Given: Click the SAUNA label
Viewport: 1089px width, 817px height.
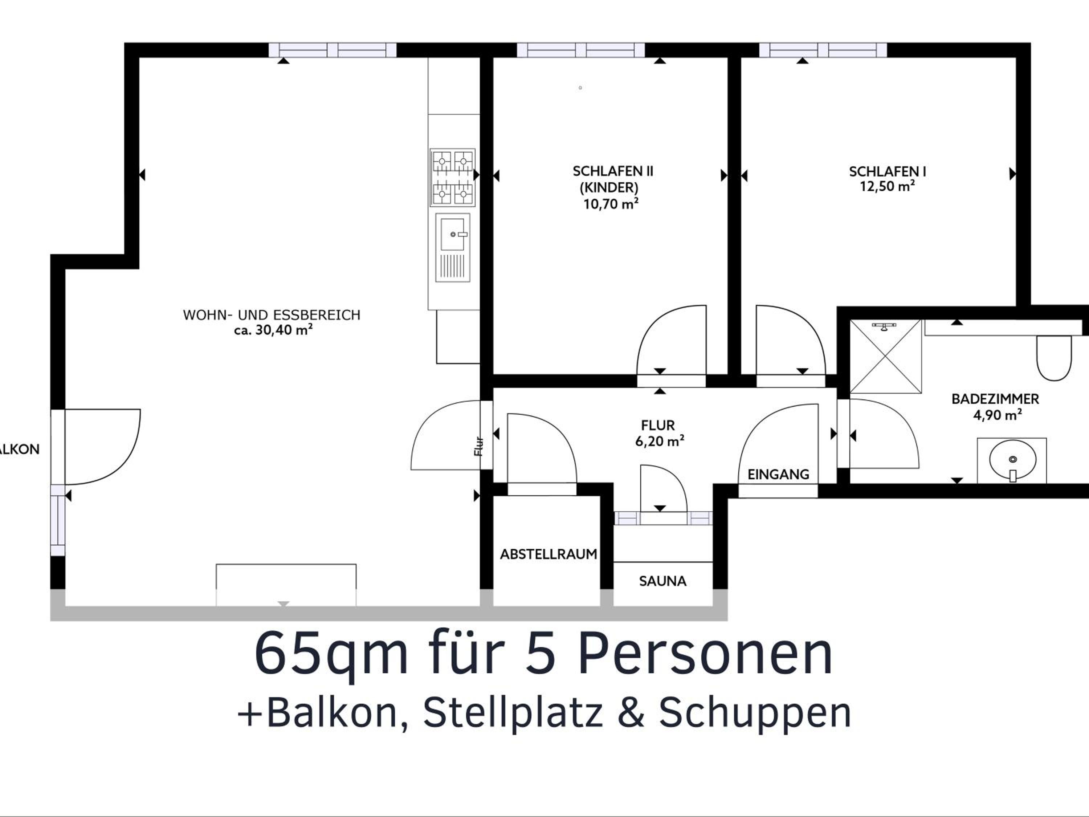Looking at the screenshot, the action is click(662, 581).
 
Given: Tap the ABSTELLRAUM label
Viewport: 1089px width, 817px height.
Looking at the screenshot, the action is click(548, 554).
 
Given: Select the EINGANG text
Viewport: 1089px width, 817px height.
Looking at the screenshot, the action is click(778, 474).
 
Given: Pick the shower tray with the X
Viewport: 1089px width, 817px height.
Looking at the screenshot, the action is click(886, 356).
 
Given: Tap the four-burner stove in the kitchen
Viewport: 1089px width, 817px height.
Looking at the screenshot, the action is click(452, 177).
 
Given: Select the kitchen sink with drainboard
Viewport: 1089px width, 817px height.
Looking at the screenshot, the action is click(452, 248).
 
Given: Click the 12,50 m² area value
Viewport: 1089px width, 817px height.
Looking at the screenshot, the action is click(888, 186).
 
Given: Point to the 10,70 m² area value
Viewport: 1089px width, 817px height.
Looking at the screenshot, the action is click(611, 203).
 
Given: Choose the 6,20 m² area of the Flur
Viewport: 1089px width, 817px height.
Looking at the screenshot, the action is click(660, 441).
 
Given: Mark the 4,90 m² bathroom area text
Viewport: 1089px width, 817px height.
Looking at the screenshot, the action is click(998, 415).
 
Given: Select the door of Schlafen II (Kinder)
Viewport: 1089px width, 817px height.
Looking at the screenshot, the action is click(671, 340).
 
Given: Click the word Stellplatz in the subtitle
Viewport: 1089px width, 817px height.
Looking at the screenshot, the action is click(513, 712).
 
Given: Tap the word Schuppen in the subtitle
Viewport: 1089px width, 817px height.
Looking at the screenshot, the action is click(755, 712).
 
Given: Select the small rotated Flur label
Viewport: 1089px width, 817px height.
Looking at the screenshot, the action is click(478, 446).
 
